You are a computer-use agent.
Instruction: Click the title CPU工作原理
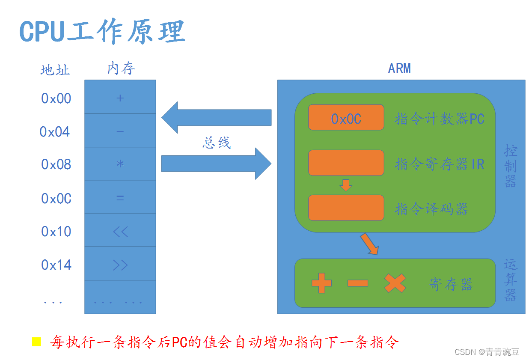[x=102, y=31]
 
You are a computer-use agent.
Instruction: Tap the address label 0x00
[x=56, y=98]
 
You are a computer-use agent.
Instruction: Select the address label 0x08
[x=56, y=164]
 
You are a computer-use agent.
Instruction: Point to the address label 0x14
[x=56, y=265]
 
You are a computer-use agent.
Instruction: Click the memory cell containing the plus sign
[x=120, y=97]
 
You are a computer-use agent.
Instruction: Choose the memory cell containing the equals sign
[x=120, y=197]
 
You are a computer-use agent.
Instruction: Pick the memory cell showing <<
[x=120, y=230]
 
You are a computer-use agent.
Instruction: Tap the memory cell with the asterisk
[x=120, y=164]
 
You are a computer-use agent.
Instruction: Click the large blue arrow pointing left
[x=216, y=117]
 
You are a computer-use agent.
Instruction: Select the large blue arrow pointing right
[x=216, y=164]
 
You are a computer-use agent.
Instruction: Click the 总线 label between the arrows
[x=217, y=143]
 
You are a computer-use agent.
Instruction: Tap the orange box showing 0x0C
[x=346, y=117]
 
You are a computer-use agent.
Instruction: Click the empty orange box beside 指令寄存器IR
[x=346, y=163]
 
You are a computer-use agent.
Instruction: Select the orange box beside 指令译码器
[x=346, y=208]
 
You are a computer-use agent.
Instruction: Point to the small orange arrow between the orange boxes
[x=346, y=185]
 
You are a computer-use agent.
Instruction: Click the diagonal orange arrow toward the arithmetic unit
[x=370, y=244]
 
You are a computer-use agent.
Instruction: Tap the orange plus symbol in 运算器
[x=322, y=283]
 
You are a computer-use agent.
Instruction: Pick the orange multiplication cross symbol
[x=395, y=283]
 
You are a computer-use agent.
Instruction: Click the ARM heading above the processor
[x=399, y=68]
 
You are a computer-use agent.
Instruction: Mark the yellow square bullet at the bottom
[x=37, y=342]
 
